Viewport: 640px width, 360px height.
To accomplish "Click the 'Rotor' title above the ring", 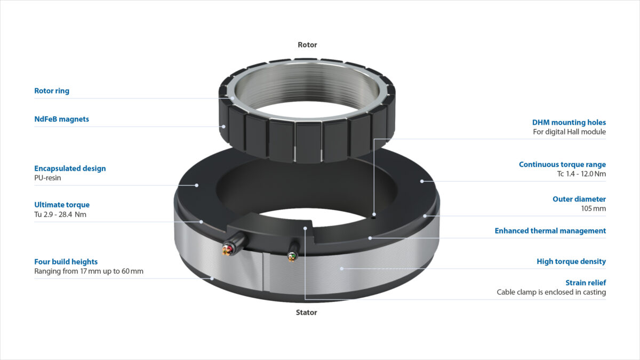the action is [x=307, y=45].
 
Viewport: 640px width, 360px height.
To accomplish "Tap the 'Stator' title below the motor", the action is [x=306, y=313].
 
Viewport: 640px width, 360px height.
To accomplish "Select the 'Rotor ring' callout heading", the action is [x=52, y=91].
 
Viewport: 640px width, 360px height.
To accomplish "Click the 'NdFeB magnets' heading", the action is [x=61, y=119].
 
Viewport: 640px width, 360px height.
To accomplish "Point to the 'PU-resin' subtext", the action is [x=47, y=178].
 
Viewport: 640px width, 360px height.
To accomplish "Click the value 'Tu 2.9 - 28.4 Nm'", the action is [x=60, y=214].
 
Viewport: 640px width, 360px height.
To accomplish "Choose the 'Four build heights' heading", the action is [x=66, y=262].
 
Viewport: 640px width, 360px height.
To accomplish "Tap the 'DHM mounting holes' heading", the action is [x=569, y=122].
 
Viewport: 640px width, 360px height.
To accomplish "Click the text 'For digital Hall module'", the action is [x=569, y=132].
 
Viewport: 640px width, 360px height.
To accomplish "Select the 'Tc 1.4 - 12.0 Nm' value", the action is [x=581, y=174].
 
